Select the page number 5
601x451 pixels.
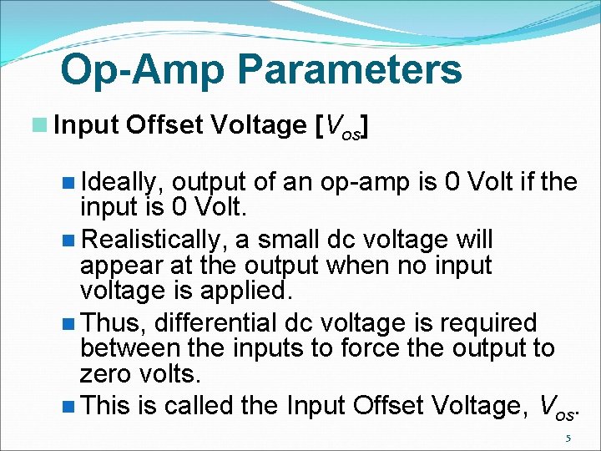click(568, 438)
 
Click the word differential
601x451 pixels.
click(211, 322)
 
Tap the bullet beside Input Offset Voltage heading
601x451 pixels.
click(39, 125)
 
